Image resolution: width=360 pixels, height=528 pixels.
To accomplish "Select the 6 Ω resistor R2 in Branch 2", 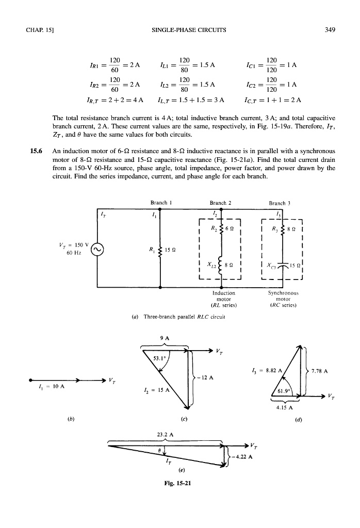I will pos(221,228).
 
